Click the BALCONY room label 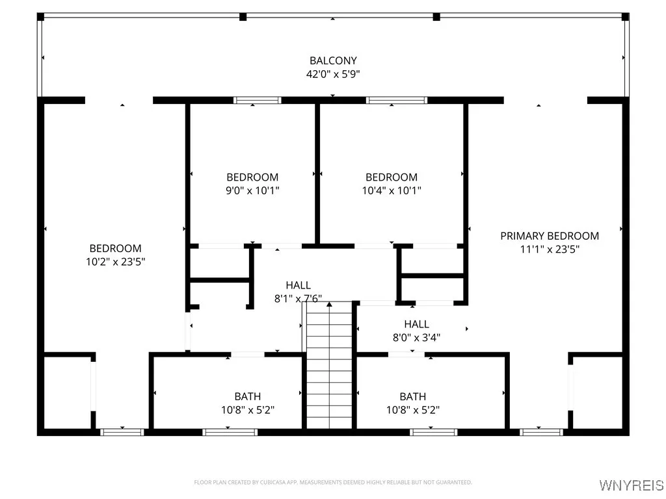(333, 61)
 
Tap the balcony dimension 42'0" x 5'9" (333, 74)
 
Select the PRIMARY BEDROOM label (550, 236)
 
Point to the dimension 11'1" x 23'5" (550, 249)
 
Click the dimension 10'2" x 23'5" (115, 261)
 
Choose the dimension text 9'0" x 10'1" (252, 190)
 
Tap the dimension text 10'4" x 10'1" (392, 190)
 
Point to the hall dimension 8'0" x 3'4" (416, 337)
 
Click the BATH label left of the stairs (248, 396)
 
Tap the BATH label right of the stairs (413, 396)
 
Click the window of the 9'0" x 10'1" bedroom (258, 100)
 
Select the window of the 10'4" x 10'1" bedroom (397, 100)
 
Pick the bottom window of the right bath (433, 431)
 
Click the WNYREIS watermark (630, 485)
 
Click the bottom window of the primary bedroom (541, 431)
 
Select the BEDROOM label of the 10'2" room (115, 248)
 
